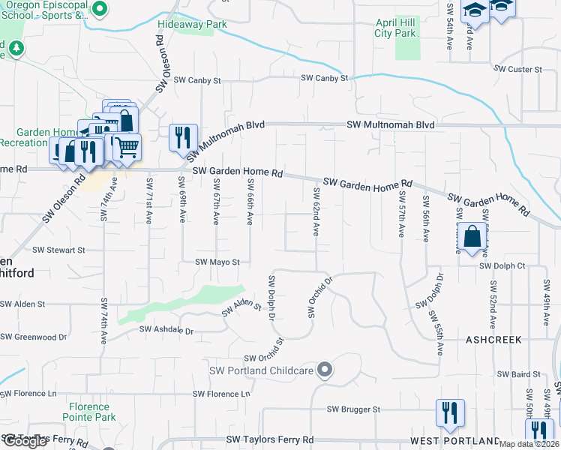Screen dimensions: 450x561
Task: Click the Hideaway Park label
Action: point(192,24)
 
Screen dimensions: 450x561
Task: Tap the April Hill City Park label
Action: point(395,28)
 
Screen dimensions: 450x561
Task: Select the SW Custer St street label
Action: point(517,69)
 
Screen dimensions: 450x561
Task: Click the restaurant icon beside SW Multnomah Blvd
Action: point(183,138)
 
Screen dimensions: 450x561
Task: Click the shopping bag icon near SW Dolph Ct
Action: point(472,237)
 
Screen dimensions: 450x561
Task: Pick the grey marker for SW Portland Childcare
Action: point(324,369)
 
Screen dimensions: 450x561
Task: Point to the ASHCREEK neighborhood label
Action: point(493,340)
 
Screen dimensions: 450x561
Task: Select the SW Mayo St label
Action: point(217,262)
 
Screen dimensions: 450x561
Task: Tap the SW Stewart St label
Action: point(58,249)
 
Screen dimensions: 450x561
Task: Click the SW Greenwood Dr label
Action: point(34,337)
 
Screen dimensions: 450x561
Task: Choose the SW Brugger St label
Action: point(354,409)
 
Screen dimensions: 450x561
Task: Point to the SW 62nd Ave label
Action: point(316,214)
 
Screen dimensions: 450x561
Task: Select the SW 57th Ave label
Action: point(402,214)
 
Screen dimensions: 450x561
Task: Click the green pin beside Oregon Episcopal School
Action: point(102,10)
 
